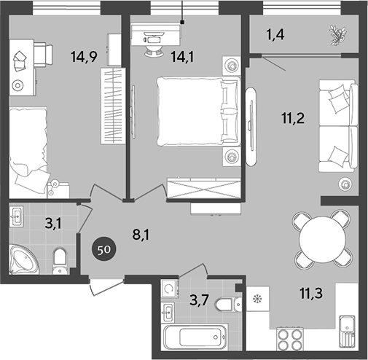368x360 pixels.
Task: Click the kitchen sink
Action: tap(345, 332)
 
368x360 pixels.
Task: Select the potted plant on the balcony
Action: tap(337, 33)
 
